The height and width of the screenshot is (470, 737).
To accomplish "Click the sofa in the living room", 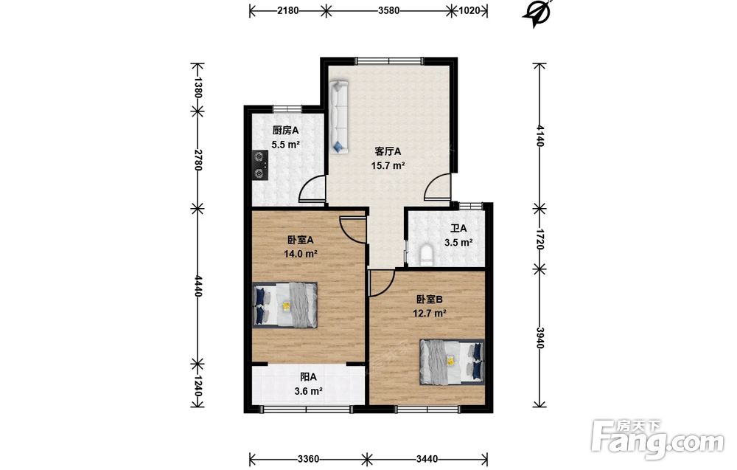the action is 339,117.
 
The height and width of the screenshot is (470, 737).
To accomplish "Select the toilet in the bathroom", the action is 426,254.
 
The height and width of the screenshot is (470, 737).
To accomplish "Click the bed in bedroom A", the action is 284,305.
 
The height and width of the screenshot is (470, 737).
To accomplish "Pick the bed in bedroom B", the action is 453,362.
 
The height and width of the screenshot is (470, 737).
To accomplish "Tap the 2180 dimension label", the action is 287,10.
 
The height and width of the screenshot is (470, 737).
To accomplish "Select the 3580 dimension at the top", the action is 388,10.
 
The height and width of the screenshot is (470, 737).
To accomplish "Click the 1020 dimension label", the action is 469,10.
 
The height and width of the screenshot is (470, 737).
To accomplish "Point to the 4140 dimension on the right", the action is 539,136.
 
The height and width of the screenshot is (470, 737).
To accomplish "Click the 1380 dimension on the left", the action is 198,87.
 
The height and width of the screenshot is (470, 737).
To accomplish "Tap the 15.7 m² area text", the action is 388,165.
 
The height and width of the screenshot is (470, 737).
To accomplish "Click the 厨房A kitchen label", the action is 285,131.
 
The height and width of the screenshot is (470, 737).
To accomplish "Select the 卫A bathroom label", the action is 458,228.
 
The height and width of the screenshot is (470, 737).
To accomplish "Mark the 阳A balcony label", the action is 308,377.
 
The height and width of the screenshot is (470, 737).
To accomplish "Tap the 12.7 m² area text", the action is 430,314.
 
